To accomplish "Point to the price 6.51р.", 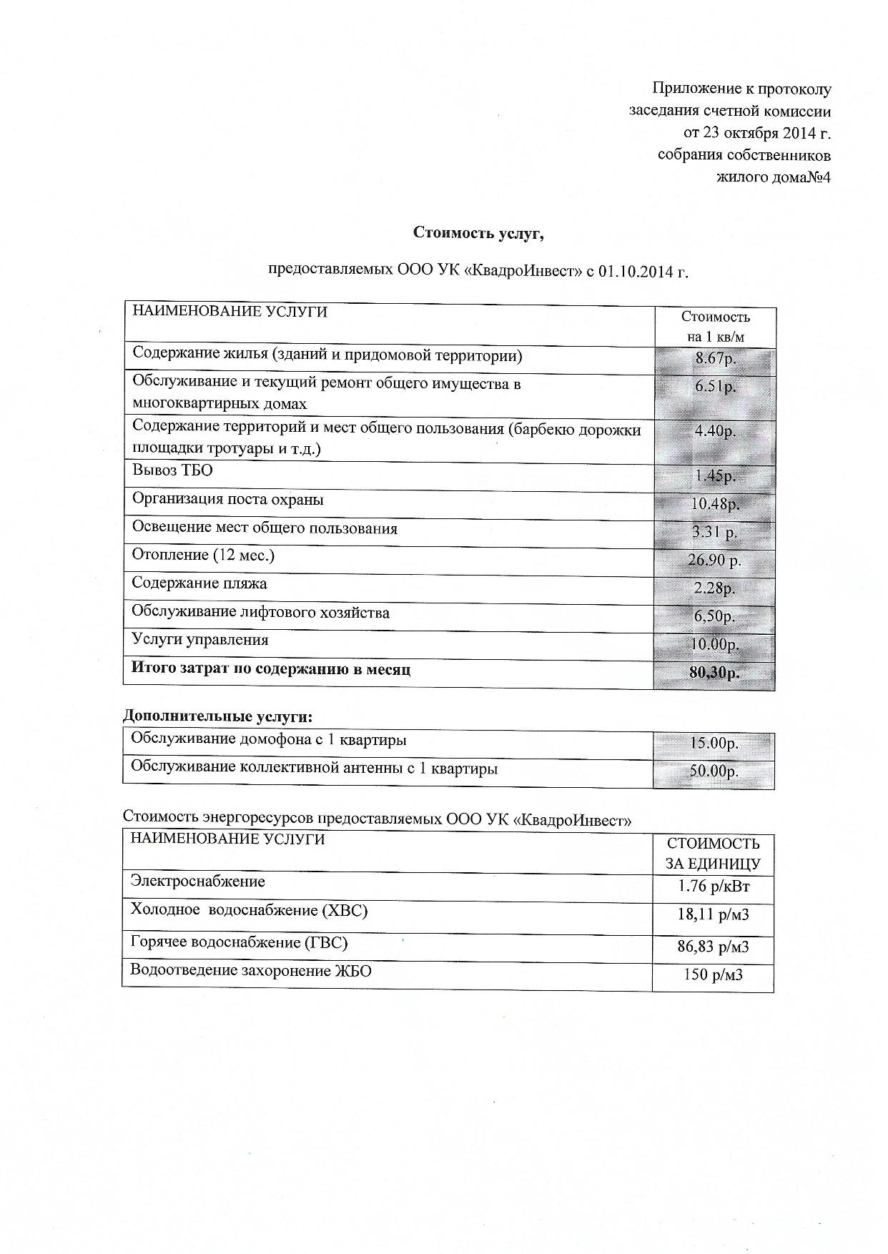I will pos(716,387).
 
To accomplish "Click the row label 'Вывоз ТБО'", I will pos(172,470).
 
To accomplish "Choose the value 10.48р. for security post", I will pos(715,504).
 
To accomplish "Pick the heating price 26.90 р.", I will pos(715,560).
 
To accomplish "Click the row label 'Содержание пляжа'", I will pos(199,583).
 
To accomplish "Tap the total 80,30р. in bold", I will pos(715,673).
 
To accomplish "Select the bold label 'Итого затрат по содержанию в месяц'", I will pos(271,669).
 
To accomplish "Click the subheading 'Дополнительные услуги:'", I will pos(218,716).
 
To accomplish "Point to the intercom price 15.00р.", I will pos(714,743).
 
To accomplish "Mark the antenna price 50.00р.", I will pos(714,771).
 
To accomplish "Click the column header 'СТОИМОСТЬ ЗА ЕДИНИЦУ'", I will pos(713,854).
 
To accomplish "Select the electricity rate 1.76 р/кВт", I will pos(714,887).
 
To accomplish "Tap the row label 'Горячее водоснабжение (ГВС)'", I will pos(239,942).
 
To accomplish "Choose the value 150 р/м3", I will pos(714,974).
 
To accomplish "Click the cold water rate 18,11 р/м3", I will pos(714,914).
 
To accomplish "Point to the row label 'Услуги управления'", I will pos(200,640).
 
